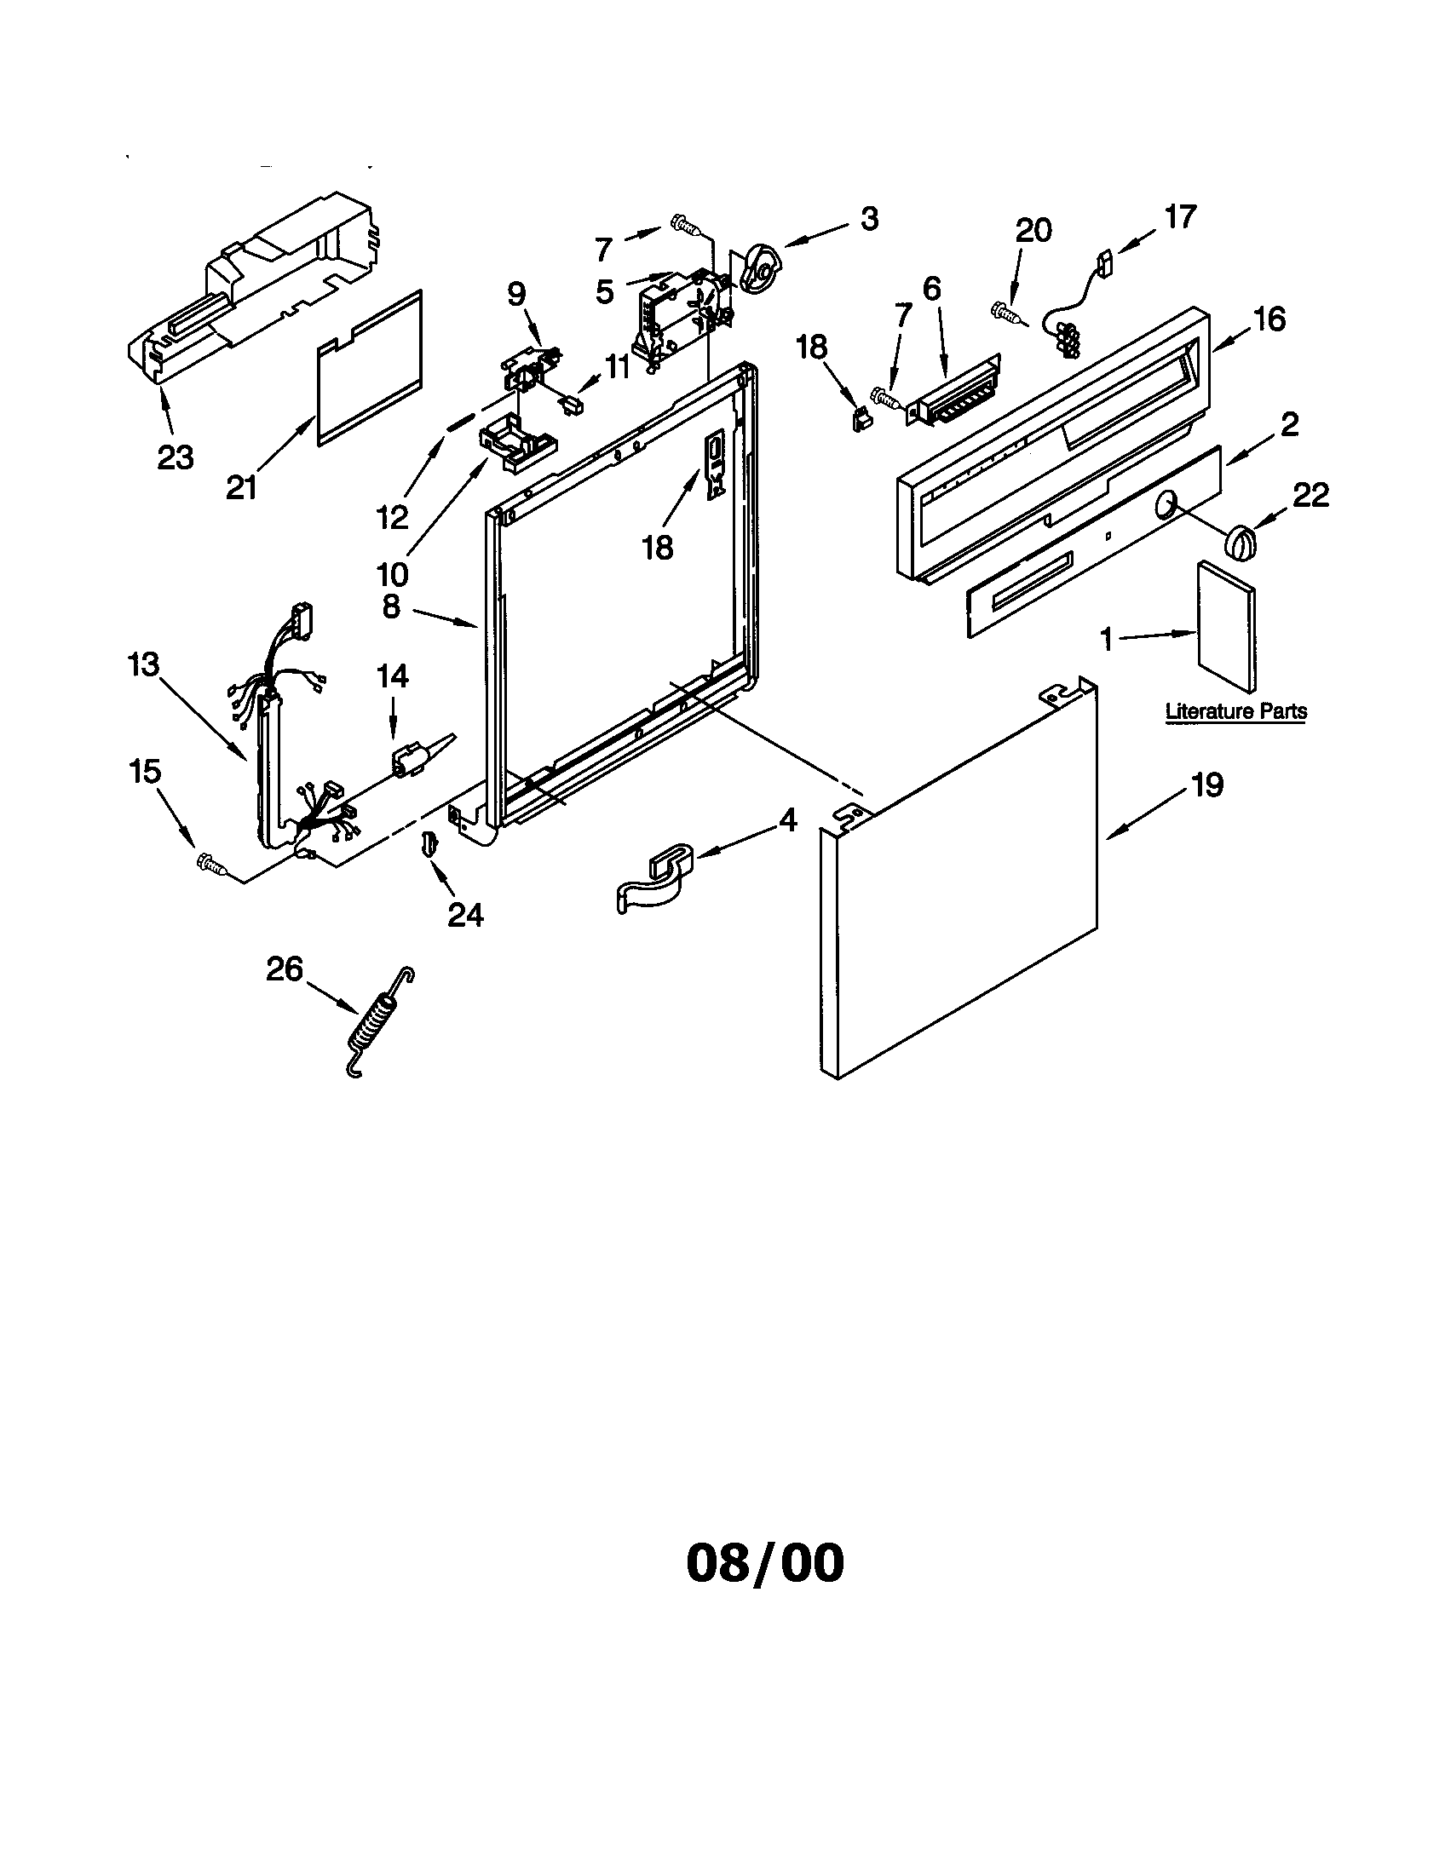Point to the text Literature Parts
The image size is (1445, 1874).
pos(1235,711)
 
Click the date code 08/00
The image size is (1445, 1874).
pos(764,1562)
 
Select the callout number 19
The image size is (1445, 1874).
pos(1206,785)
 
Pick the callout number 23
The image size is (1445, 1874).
pos(175,457)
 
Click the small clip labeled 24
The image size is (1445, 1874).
pos(427,846)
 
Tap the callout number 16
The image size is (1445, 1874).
pos(1269,320)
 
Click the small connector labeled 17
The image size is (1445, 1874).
pos(1104,257)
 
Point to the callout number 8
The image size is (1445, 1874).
pos(390,606)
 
